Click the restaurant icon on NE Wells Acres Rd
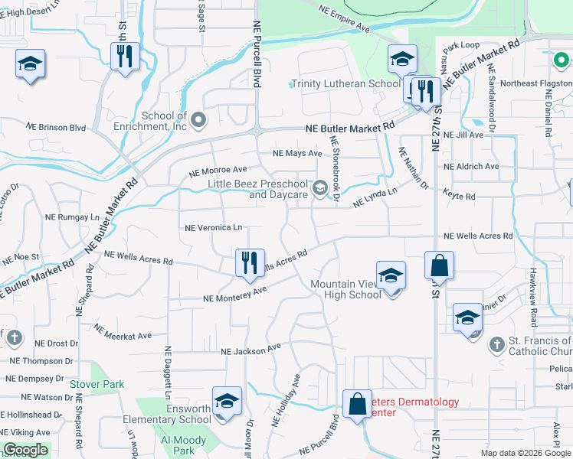250,262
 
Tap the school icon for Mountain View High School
391,275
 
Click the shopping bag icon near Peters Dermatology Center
358,404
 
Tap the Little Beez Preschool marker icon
319,187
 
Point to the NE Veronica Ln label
214,227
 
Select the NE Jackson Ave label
250,350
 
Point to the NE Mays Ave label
297,153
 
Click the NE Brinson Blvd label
56,127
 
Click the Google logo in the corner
26,450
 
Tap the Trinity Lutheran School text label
345,84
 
